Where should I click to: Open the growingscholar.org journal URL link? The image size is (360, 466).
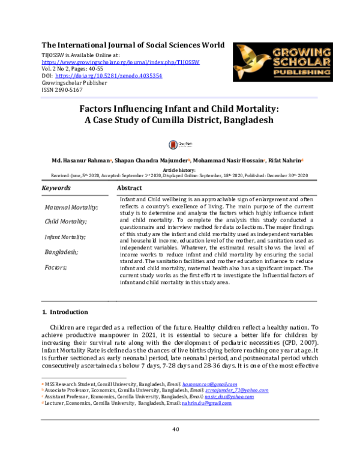click(x=121, y=62)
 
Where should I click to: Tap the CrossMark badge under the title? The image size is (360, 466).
click(x=179, y=144)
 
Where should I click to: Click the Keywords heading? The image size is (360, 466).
click(x=55, y=189)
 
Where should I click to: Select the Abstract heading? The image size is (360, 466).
click(x=133, y=189)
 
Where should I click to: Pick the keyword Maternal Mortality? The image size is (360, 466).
click(x=71, y=207)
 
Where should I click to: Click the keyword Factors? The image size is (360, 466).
click(x=56, y=267)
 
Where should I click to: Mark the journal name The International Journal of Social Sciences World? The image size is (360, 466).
click(x=133, y=45)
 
